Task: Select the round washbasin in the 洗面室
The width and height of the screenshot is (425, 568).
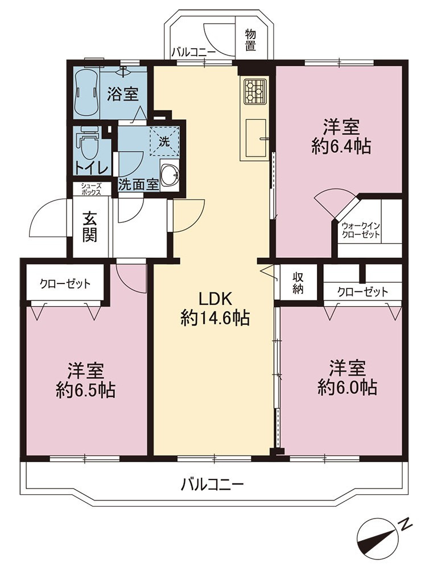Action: (x=170, y=174)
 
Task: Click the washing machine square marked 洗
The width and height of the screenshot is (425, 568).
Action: (x=165, y=141)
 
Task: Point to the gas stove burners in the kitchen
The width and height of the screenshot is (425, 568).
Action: (x=254, y=91)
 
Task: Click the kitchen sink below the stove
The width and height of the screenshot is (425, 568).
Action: (x=255, y=137)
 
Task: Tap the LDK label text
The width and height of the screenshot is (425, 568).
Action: (x=215, y=299)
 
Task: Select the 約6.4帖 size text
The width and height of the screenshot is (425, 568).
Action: (x=341, y=147)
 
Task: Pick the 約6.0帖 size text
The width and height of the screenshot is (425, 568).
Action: (x=347, y=387)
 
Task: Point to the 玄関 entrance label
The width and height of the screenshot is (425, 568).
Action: (x=89, y=227)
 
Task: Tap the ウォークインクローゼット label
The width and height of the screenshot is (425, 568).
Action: (x=360, y=230)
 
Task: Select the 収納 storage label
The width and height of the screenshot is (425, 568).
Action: (x=298, y=282)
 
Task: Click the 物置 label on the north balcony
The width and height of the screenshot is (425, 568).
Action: (x=250, y=40)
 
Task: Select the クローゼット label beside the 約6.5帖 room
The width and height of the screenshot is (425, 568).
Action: (x=65, y=283)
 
